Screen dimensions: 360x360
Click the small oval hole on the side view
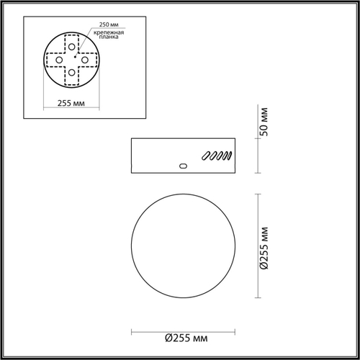182,166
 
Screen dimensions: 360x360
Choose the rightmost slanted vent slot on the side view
229,154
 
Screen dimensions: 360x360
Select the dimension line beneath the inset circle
71,96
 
